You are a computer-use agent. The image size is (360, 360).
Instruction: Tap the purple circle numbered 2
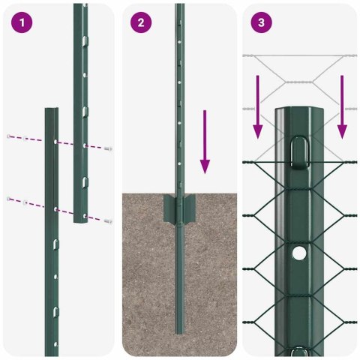pyautogui.click(x=141, y=22)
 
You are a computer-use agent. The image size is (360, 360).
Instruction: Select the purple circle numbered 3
pyautogui.click(x=260, y=22)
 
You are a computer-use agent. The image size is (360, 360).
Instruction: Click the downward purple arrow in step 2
pyautogui.click(x=205, y=142)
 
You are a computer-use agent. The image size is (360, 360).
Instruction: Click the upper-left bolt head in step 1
pyautogui.click(x=9, y=136)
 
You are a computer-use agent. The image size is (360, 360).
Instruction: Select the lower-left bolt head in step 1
pyautogui.click(x=9, y=199)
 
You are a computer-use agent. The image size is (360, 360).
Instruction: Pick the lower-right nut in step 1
pyautogui.click(x=109, y=220)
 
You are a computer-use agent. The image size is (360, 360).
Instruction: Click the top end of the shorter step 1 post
pyautogui.click(x=51, y=110)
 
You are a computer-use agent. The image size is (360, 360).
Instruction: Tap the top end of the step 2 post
pyautogui.click(x=179, y=6)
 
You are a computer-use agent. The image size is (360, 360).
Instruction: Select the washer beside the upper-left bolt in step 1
pyautogui.click(x=25, y=139)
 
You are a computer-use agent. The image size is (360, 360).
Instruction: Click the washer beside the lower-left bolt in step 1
pyautogui.click(x=25, y=202)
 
